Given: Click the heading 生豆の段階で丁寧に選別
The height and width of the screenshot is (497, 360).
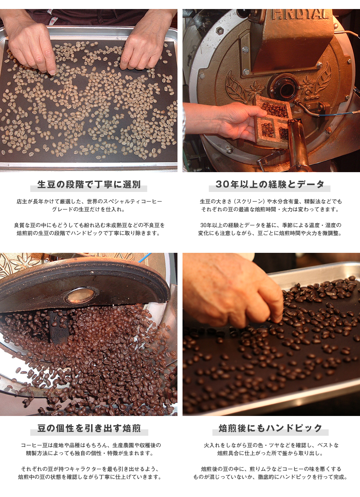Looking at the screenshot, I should click(89, 185).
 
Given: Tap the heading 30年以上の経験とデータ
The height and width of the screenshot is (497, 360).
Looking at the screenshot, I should click(270, 184).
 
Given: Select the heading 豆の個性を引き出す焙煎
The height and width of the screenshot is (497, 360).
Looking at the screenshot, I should click(89, 428).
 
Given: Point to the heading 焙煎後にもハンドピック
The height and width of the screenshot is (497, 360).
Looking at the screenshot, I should click(270, 428).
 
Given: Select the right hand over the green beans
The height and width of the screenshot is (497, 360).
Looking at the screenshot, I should click(144, 47).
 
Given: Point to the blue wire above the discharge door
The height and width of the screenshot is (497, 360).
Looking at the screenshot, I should click(146, 257).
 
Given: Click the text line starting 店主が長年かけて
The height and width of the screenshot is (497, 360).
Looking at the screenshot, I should click(89, 202).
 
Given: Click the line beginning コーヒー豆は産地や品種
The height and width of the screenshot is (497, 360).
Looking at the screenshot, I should click(91, 445).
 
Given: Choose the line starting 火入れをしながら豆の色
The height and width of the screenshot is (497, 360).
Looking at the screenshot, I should click(271, 445).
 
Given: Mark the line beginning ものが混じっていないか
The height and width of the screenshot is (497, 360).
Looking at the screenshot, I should click(270, 477).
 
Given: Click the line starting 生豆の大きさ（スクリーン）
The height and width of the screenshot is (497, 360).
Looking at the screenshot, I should click(271, 202).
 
